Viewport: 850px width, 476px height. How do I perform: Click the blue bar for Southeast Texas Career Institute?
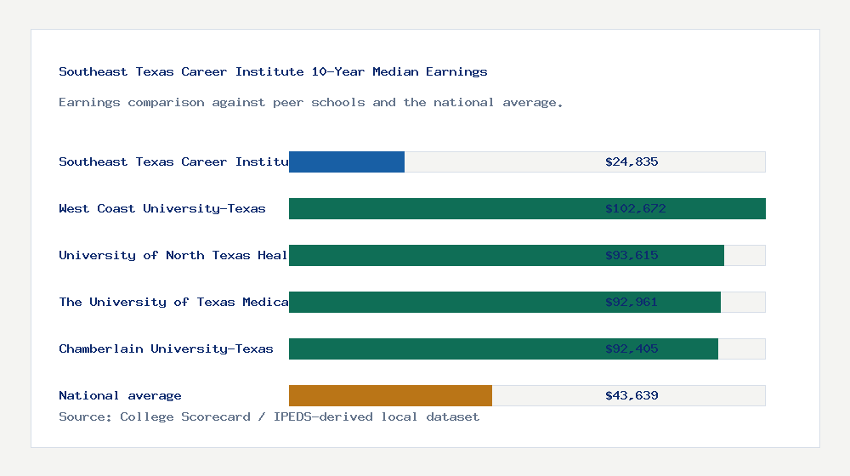coord(347,161)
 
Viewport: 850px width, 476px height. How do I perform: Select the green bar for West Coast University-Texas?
coord(442,208)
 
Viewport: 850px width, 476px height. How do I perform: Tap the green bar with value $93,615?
coord(442,255)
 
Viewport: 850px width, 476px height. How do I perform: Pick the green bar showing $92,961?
coord(442,302)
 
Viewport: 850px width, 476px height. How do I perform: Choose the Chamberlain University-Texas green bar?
coord(442,348)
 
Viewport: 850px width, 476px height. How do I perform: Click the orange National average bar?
coord(390,395)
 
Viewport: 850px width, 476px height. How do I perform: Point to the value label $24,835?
coord(632,161)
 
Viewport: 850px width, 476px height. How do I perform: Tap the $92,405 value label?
coord(632,348)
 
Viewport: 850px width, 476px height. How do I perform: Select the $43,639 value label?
coord(632,395)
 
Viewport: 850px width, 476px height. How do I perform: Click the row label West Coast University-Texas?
coord(162,208)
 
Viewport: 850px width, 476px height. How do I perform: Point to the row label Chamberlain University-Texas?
coord(166,348)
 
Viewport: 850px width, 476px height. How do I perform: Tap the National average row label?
coord(120,395)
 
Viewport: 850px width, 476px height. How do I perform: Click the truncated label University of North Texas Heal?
coord(173,255)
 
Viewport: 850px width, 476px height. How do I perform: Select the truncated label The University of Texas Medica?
coord(173,302)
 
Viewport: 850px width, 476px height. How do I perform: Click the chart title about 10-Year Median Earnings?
coord(273,71)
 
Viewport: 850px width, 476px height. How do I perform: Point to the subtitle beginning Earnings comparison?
coord(310,102)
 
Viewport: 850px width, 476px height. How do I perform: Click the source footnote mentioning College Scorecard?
coord(269,416)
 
